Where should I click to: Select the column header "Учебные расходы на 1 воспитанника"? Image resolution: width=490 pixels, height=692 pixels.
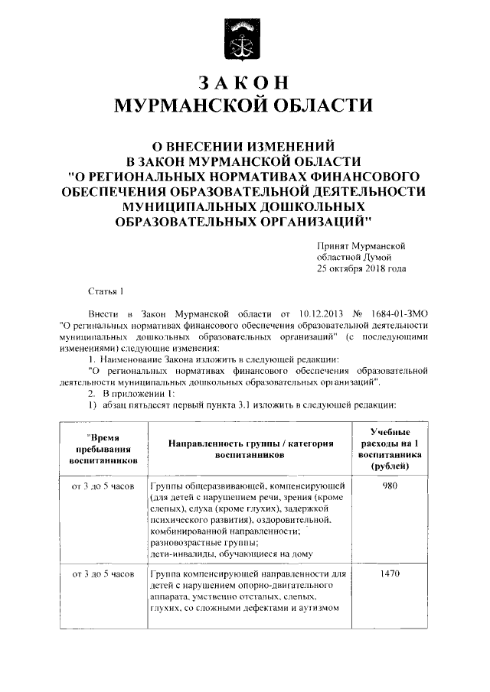pyautogui.click(x=389, y=449)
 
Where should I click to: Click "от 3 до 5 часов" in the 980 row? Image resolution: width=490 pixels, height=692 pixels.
pyautogui.click(x=103, y=486)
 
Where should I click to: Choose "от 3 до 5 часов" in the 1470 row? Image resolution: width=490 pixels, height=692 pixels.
pyautogui.click(x=103, y=573)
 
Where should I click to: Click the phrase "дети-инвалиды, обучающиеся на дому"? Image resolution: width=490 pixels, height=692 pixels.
pyautogui.click(x=230, y=553)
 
